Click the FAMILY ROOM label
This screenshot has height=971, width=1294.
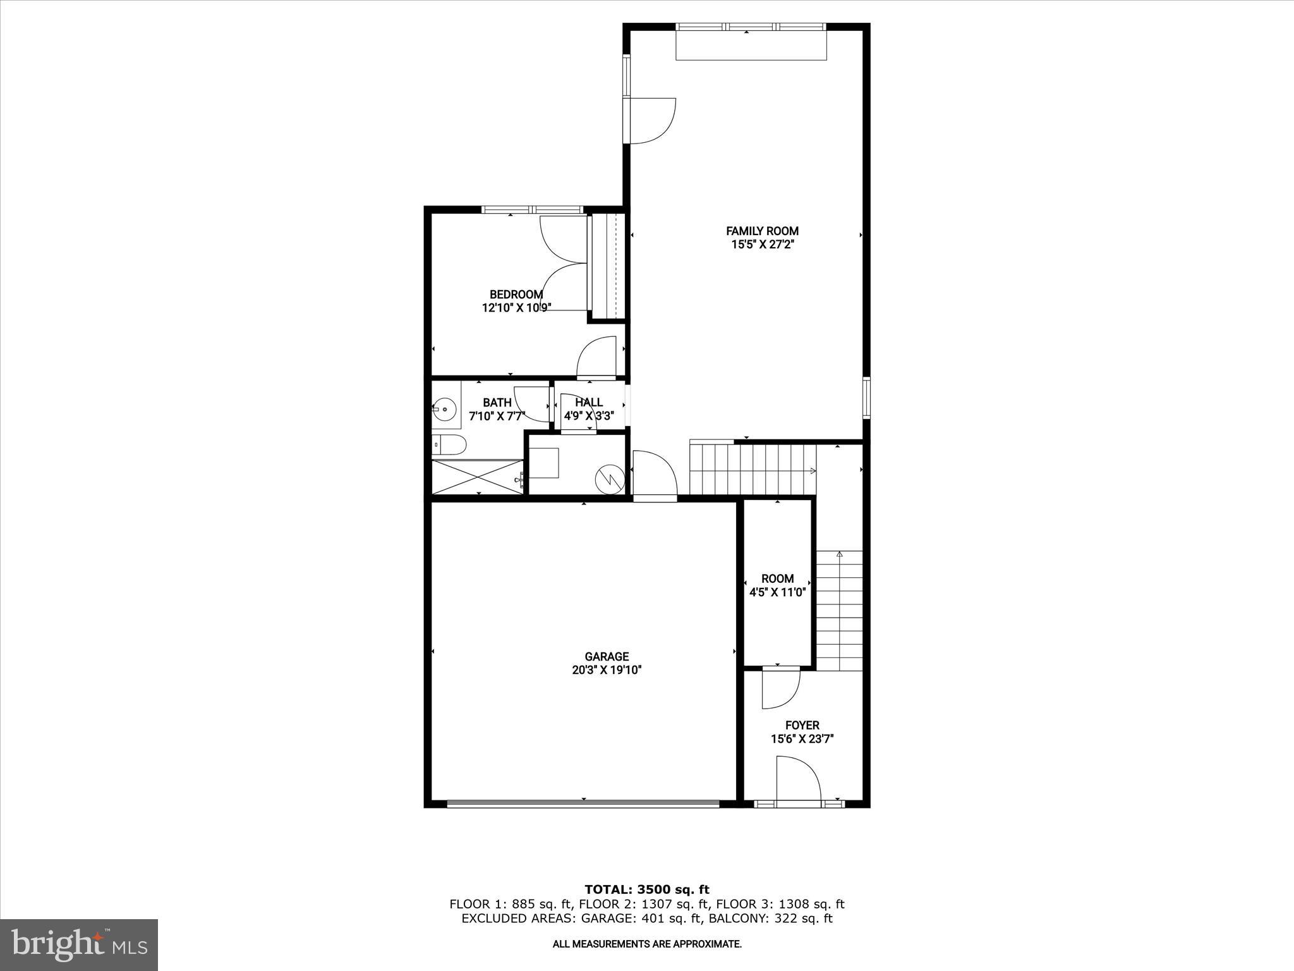[x=762, y=231]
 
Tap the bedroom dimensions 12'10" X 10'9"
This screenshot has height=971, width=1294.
[x=516, y=308]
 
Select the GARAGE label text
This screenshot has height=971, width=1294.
[x=607, y=657]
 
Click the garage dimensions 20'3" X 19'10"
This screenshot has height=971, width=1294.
[x=607, y=671]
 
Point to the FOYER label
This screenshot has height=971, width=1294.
[x=802, y=725]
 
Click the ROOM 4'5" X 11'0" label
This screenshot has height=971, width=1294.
[x=777, y=585]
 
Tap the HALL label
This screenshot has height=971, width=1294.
[x=588, y=402]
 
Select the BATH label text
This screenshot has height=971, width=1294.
[x=497, y=403]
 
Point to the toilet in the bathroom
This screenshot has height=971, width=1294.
[x=450, y=446]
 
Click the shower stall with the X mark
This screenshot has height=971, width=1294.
[x=478, y=477]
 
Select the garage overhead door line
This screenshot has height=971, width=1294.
[x=583, y=803]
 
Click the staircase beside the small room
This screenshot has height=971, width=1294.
[x=839, y=610]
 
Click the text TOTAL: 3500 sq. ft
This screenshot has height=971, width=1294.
[x=647, y=890]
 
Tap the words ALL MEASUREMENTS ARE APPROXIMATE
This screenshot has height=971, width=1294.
[x=647, y=944]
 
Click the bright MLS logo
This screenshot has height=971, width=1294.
[x=79, y=944]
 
